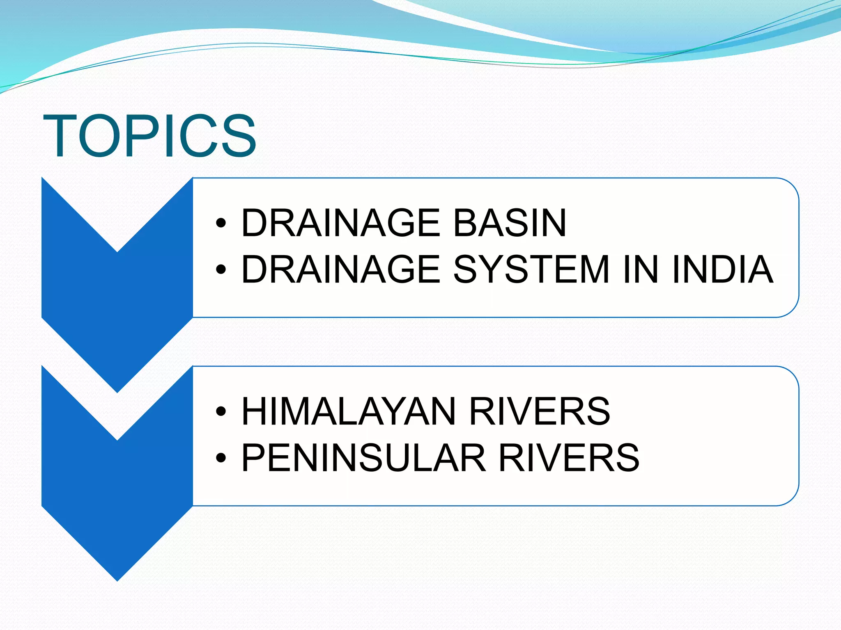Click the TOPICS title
(150, 136)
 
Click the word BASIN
(510, 223)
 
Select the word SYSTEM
(531, 269)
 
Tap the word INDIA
(722, 269)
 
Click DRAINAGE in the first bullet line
(340, 223)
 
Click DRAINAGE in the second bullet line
(340, 269)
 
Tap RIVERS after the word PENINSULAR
(569, 458)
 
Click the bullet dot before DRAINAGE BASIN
(221, 223)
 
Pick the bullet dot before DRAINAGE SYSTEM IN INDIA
(221, 269)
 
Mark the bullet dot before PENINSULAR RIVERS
(221, 458)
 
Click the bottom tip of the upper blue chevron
(117, 390)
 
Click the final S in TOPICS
(238, 136)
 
